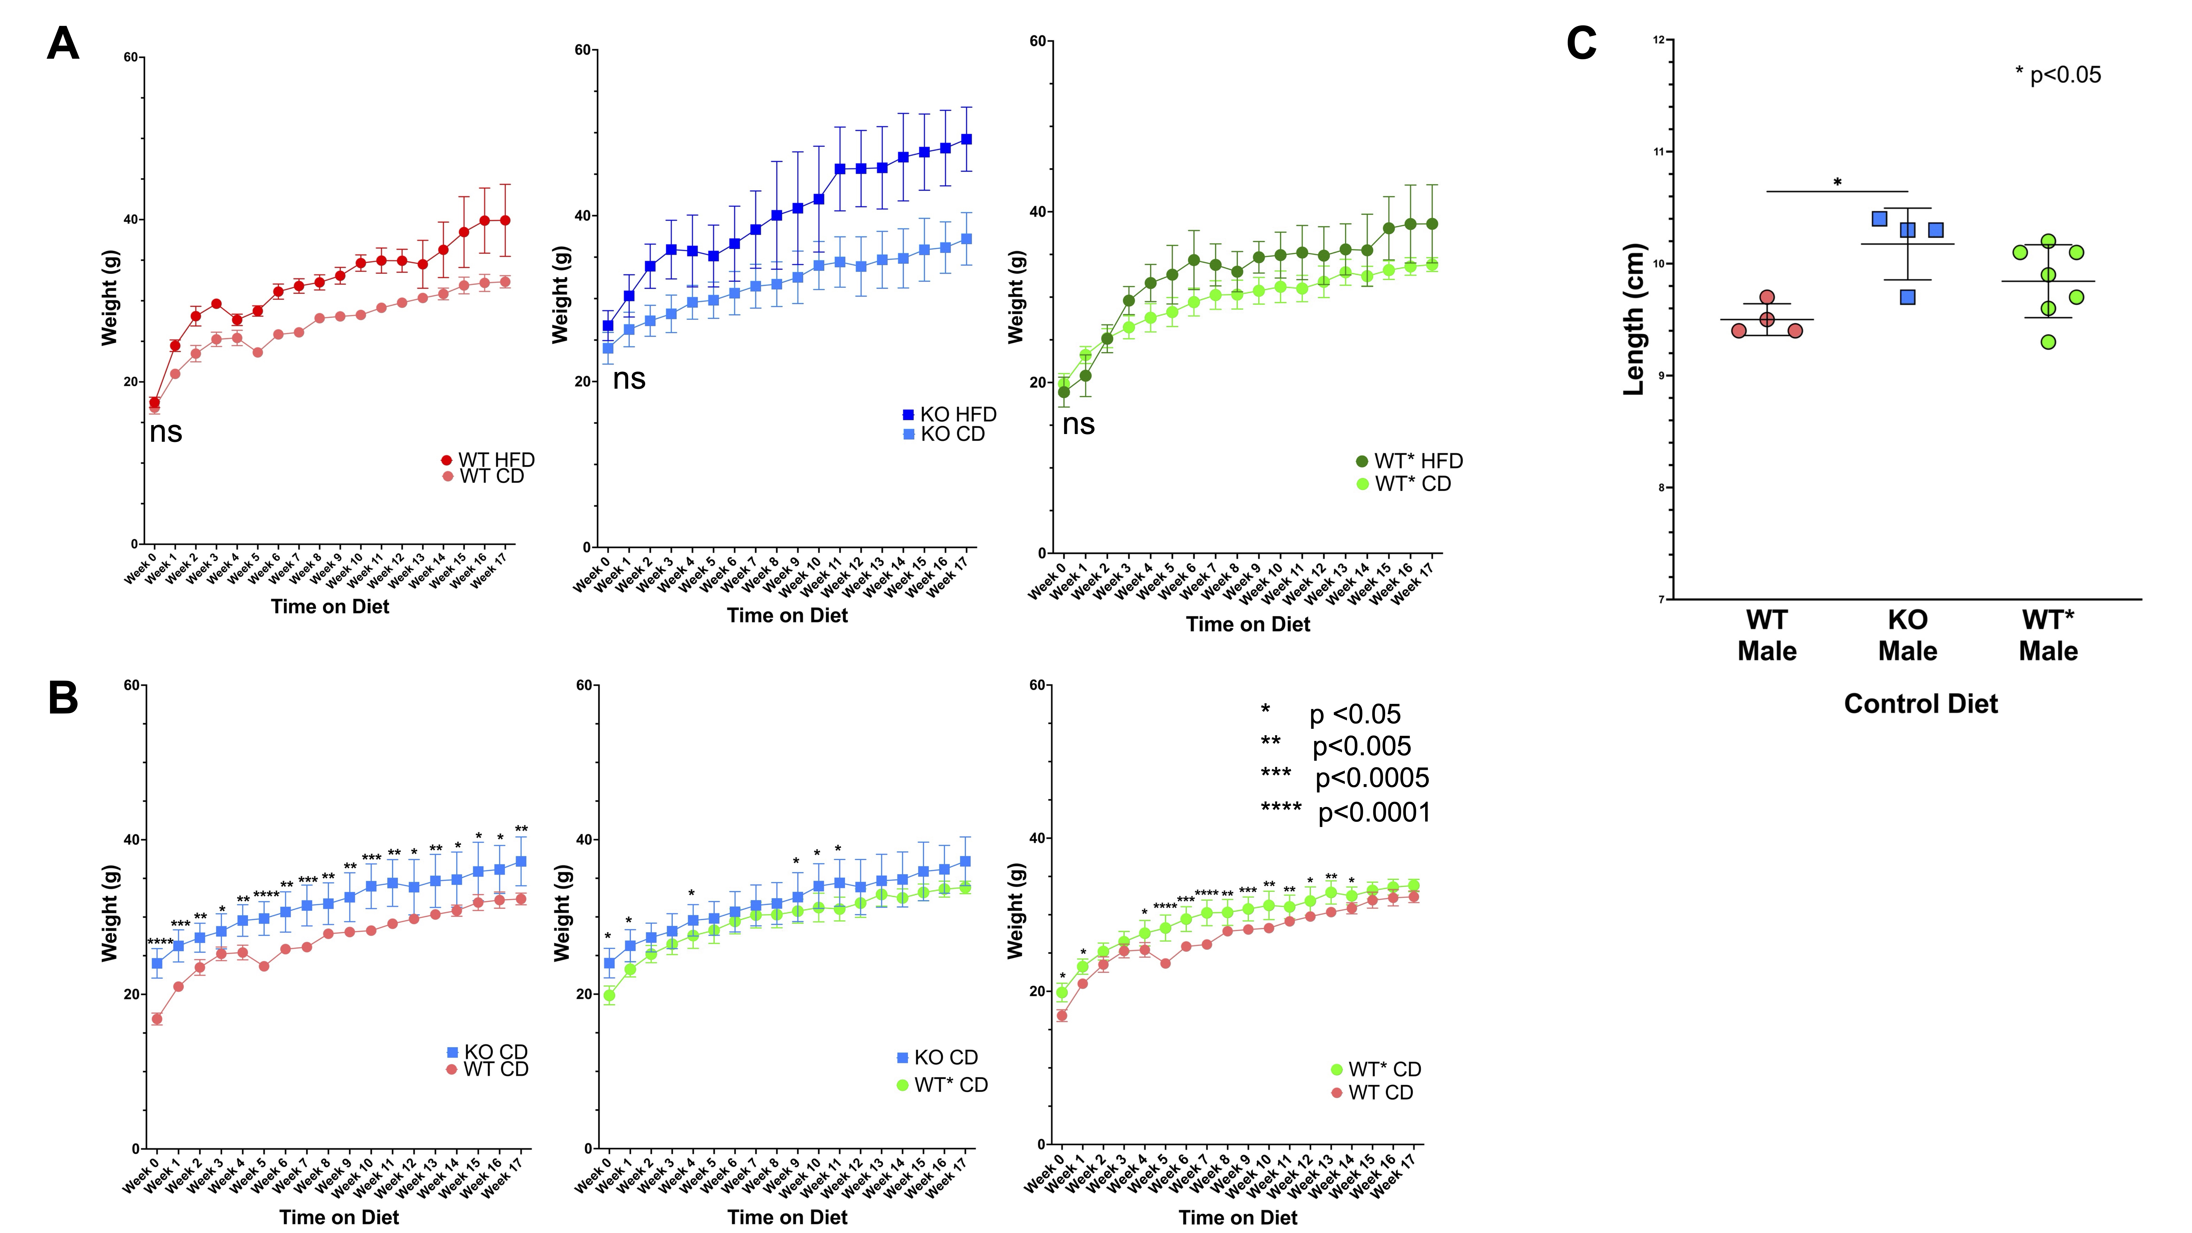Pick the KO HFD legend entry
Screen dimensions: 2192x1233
(x=949, y=414)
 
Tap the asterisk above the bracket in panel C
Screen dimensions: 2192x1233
(x=1837, y=182)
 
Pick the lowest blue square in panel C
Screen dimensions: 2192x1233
(x=1908, y=297)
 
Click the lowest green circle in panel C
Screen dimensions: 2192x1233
(x=2048, y=342)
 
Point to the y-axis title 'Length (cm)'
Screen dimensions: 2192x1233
(x=1634, y=319)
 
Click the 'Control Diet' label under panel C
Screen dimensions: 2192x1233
(x=1920, y=704)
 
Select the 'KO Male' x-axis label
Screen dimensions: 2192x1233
(x=1908, y=636)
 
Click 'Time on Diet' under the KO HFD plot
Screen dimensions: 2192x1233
(x=787, y=615)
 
